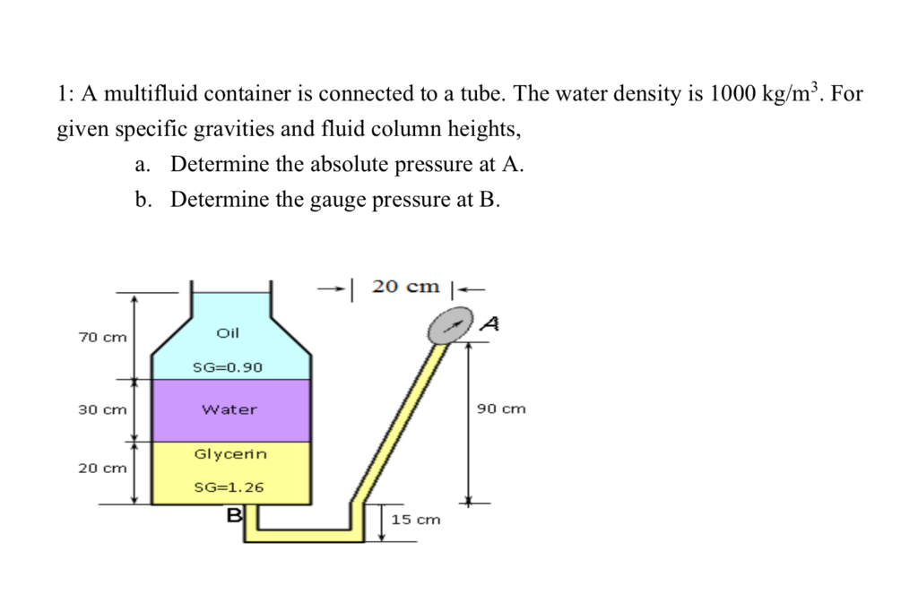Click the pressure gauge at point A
(451, 327)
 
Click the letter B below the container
(235, 515)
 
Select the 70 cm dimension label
(102, 338)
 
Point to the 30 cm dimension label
(102, 409)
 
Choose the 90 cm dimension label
(501, 409)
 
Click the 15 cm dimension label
(416, 520)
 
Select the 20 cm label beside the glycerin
(102, 468)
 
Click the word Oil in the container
(229, 332)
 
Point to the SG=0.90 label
(229, 367)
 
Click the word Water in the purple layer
(229, 409)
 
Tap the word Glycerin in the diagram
(230, 454)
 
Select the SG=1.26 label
(229, 488)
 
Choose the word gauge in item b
(337, 199)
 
